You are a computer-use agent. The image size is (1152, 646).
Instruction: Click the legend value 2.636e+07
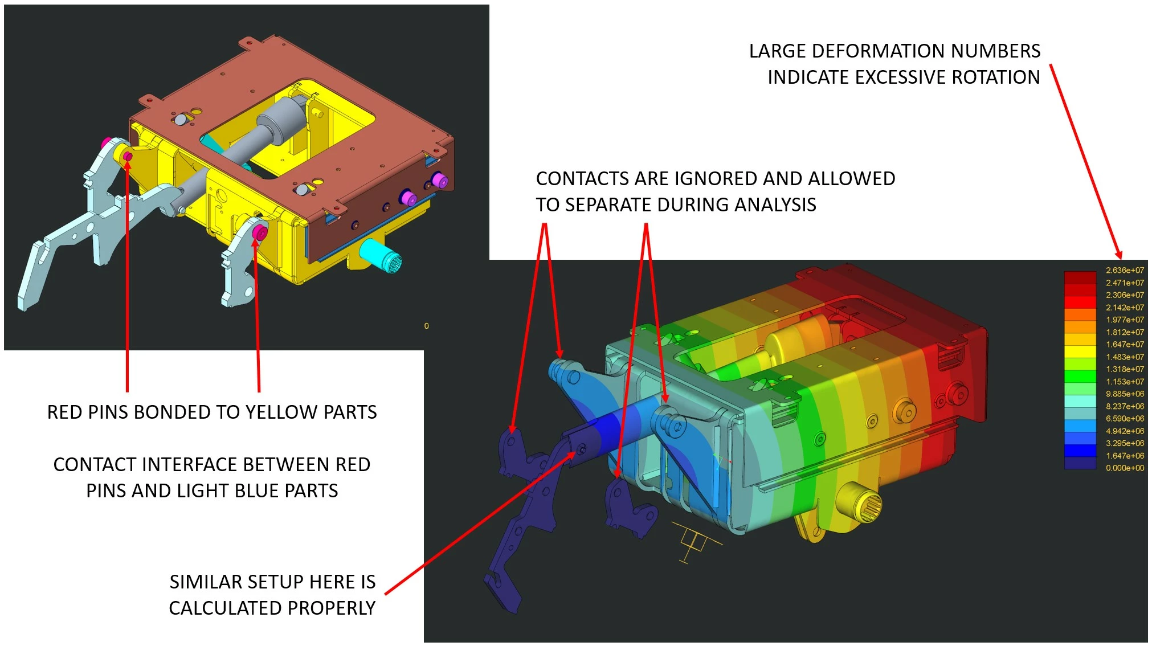[x=1125, y=271]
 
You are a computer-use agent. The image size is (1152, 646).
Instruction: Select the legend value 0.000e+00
[x=1125, y=468]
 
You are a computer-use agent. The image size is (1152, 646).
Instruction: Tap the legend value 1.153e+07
[x=1125, y=382]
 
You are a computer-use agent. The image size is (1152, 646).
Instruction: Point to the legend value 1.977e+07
[x=1125, y=320]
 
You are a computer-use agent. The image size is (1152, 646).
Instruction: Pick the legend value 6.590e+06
[x=1125, y=419]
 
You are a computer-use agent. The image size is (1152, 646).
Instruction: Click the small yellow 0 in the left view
[x=426, y=326]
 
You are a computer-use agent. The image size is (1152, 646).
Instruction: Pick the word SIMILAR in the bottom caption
[x=206, y=582]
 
